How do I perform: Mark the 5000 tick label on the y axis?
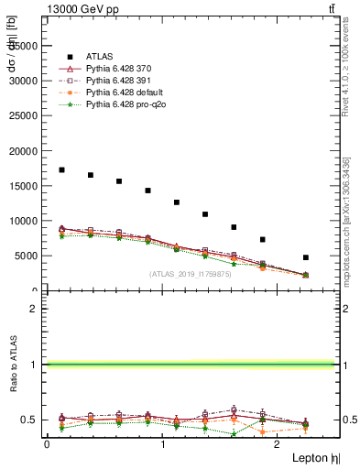(x=27, y=256)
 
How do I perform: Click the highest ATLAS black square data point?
(x=61, y=169)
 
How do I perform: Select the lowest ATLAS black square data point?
(x=305, y=257)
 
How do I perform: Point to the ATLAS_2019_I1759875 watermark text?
(x=191, y=273)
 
